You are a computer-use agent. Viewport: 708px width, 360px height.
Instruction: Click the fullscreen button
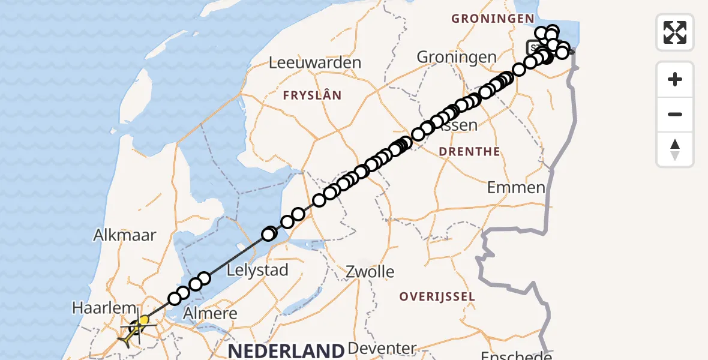pos(675,32)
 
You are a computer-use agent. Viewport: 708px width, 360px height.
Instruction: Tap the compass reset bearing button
pos(675,149)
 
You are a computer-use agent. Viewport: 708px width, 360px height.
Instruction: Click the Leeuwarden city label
pos(315,62)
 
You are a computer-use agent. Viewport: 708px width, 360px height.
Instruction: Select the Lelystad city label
pos(258,270)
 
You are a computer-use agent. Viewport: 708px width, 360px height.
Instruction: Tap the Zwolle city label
pos(370,272)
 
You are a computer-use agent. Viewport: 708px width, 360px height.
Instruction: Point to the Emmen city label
pos(516,187)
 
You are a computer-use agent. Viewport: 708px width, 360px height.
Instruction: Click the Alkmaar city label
pos(125,235)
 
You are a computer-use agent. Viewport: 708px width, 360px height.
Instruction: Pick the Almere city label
pos(210,313)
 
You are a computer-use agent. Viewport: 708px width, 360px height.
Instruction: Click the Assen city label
pos(459,126)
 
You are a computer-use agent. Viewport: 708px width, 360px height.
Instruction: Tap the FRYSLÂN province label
pos(312,95)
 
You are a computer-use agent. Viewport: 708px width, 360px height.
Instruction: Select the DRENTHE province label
pos(469,152)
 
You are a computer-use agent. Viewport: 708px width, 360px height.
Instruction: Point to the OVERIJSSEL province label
pos(437,296)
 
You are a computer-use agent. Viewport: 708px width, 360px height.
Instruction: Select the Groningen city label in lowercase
pos(457,57)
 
